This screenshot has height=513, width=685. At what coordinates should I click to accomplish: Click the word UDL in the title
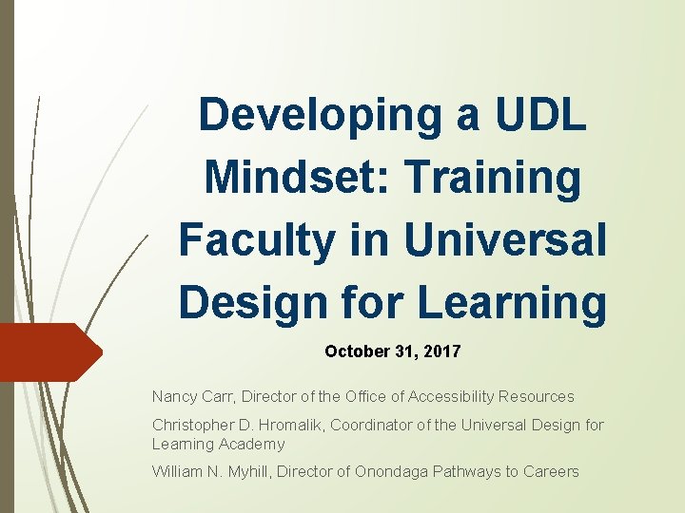(x=539, y=115)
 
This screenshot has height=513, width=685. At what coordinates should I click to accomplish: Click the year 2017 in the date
(x=442, y=351)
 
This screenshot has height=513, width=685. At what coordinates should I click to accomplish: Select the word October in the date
(x=352, y=351)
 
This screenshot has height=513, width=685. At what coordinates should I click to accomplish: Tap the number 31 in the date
(x=400, y=351)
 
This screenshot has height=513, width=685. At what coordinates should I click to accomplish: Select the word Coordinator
(x=372, y=425)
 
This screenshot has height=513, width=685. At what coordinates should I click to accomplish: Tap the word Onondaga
(x=393, y=471)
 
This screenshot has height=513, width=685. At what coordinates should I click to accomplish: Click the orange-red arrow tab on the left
(x=48, y=351)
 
